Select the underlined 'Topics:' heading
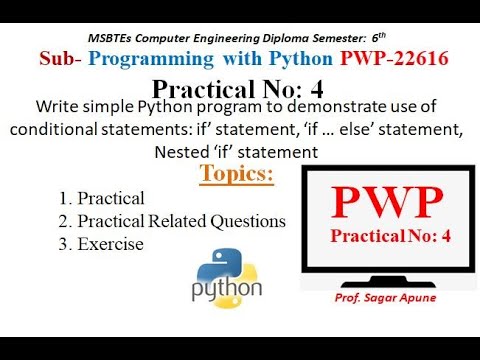237,175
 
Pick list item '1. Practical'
102,198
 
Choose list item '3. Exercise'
101,244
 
